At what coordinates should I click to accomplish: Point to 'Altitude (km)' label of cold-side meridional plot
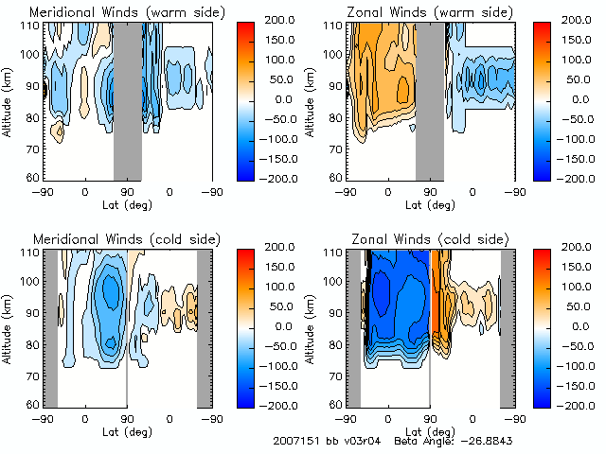coord(9,326)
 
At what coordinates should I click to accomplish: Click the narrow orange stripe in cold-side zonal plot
coord(436,293)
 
